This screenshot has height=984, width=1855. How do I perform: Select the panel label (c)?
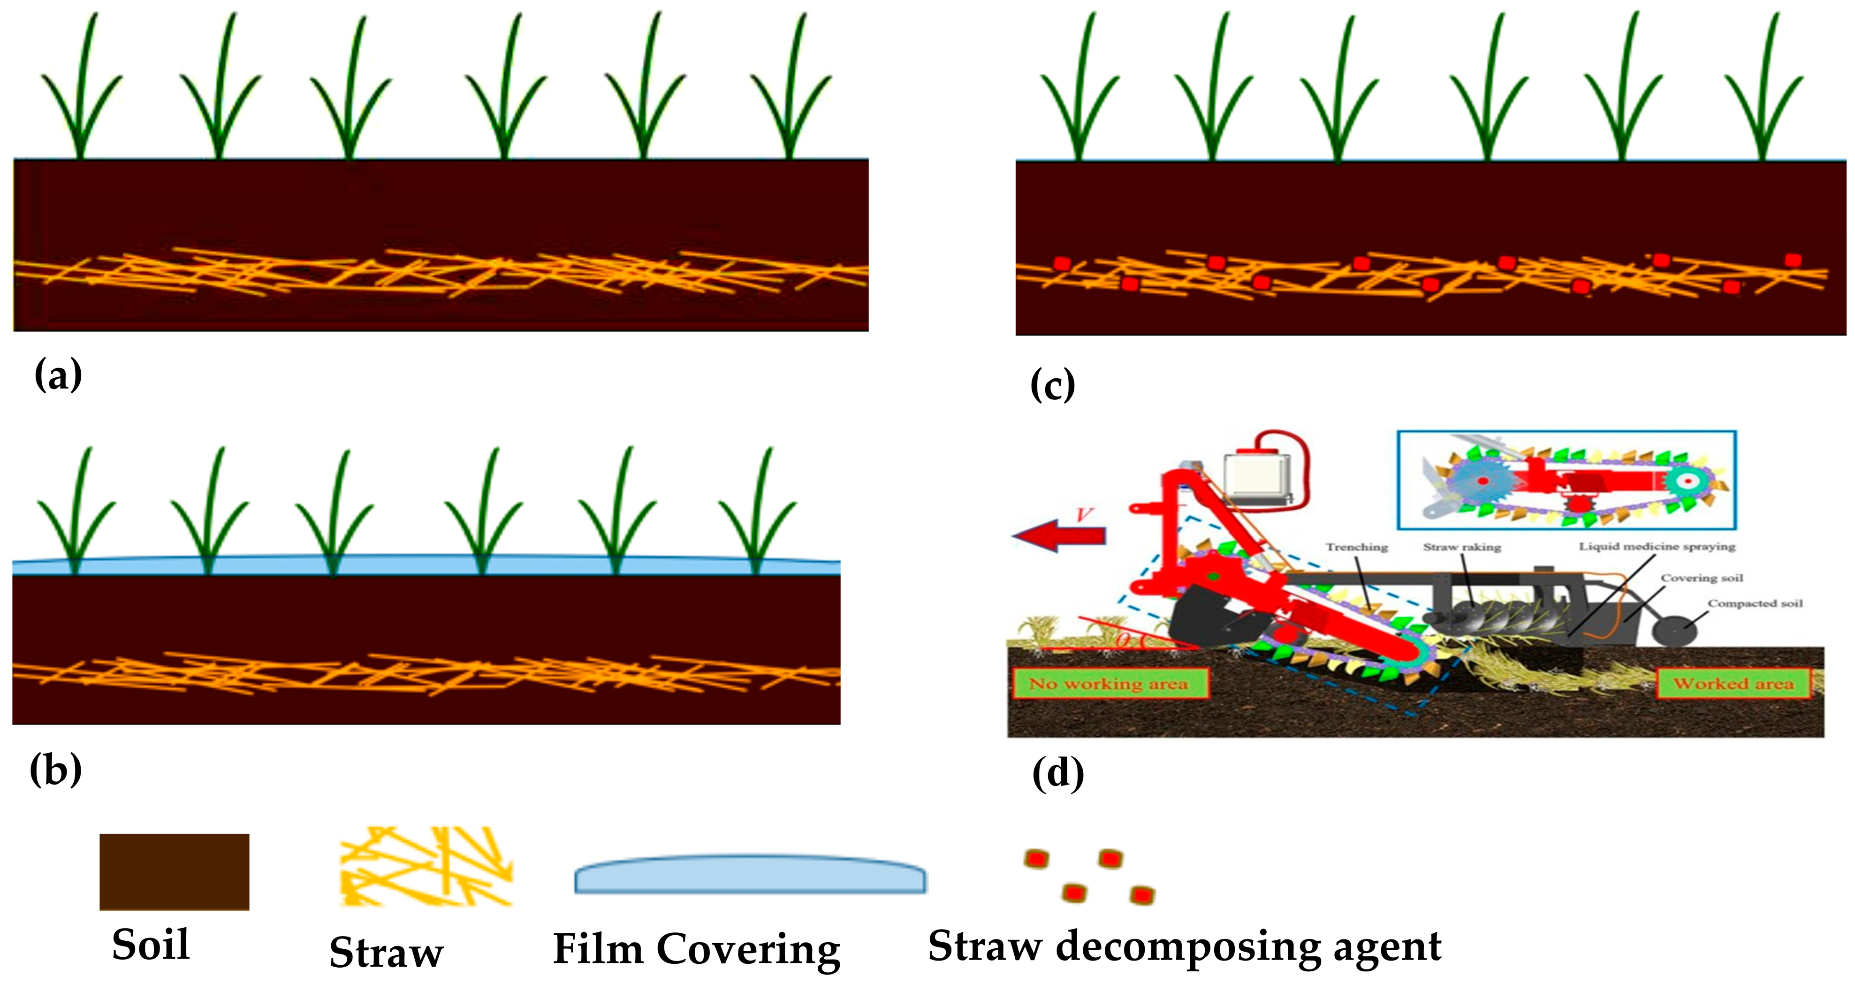[1053, 385]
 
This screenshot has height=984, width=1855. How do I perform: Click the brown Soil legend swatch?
[174, 872]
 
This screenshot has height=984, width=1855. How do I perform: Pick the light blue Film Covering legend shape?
[750, 875]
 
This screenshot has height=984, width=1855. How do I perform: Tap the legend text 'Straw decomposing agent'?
[1184, 946]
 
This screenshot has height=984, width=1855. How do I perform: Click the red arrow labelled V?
[1058, 534]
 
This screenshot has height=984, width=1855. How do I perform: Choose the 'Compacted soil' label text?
[1755, 603]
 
